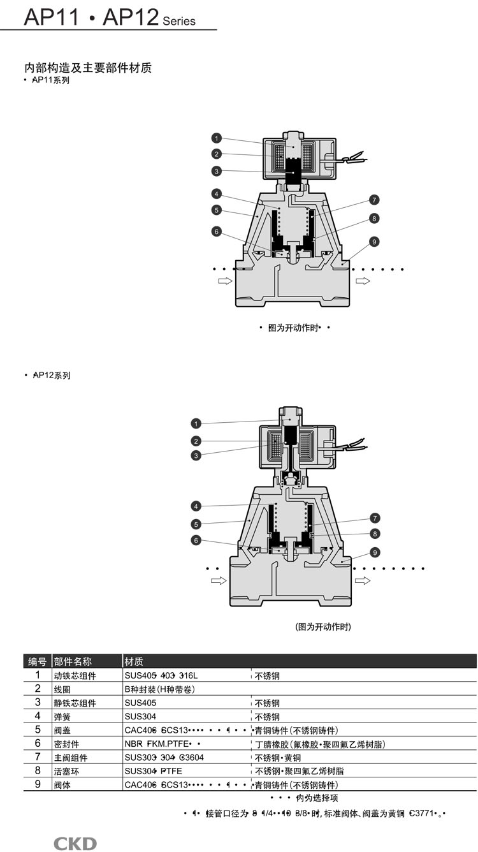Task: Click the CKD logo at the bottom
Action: [75, 844]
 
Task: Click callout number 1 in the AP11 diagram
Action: [217, 138]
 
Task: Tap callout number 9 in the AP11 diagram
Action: [374, 242]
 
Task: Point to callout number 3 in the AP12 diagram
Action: [196, 455]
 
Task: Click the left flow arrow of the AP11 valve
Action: [226, 281]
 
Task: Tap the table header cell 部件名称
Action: [73, 661]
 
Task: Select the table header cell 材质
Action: [134, 661]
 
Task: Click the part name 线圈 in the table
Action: [61, 689]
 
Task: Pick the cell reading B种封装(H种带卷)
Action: [159, 689]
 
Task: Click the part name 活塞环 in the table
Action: [66, 771]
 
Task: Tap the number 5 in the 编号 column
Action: [38, 730]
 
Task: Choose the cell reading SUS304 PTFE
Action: [153, 771]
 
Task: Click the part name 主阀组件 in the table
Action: [70, 758]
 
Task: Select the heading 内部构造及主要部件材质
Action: [88, 68]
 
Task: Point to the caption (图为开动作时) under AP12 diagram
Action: [323, 627]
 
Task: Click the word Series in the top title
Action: [179, 21]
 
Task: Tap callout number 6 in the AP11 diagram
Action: [217, 231]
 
